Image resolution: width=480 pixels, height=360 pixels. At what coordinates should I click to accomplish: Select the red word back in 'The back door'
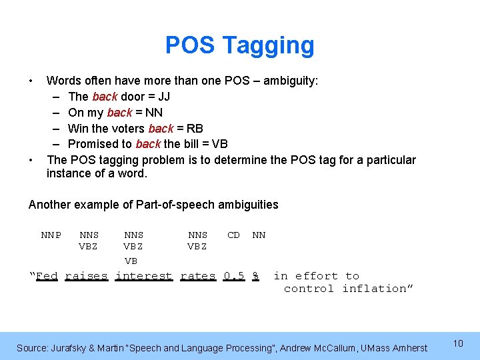click(105, 97)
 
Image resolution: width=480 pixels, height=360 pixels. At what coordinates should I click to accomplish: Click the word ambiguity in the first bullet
click(291, 81)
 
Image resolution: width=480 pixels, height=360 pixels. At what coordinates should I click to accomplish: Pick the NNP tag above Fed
click(51, 235)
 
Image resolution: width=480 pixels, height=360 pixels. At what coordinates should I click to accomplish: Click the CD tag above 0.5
click(234, 235)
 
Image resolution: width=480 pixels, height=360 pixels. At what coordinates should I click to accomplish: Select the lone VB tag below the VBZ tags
click(131, 261)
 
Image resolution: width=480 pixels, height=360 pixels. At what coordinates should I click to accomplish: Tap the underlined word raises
click(86, 276)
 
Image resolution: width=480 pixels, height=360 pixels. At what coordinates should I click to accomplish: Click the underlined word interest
click(144, 276)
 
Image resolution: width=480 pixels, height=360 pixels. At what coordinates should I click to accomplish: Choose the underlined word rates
click(198, 276)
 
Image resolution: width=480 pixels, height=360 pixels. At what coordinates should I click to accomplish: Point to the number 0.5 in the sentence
click(234, 276)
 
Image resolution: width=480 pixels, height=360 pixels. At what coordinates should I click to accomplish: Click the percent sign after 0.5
click(255, 276)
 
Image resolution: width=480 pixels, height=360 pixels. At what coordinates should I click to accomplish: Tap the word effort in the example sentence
click(317, 276)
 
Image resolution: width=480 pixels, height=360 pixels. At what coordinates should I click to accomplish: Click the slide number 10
click(458, 343)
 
